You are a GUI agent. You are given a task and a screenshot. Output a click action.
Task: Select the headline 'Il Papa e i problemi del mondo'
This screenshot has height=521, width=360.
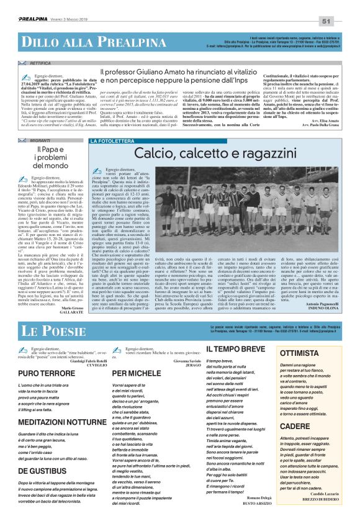52,159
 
